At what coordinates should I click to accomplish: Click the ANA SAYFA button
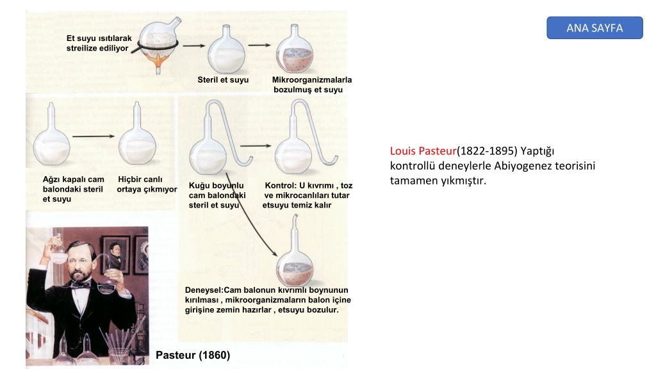pyautogui.click(x=594, y=28)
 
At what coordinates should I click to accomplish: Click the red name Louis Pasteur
pyautogui.click(x=423, y=151)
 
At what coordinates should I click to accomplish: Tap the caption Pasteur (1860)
pyautogui.click(x=193, y=355)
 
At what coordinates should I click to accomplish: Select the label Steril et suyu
pyautogui.click(x=223, y=80)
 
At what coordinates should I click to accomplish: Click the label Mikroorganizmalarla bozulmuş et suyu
pyautogui.click(x=312, y=85)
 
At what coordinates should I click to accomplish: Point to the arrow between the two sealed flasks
pyautogui.click(x=94, y=136)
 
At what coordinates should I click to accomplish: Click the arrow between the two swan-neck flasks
pyautogui.click(x=256, y=146)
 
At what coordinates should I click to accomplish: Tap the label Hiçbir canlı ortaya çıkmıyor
pyautogui.click(x=147, y=184)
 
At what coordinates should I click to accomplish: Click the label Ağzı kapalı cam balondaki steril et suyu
pyautogui.click(x=73, y=189)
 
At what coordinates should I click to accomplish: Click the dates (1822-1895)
pyautogui.click(x=487, y=151)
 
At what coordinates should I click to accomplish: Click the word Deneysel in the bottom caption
pyautogui.click(x=203, y=290)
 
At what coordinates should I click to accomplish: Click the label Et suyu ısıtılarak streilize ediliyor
pyautogui.click(x=99, y=43)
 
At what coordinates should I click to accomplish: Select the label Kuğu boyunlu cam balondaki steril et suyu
pyautogui.click(x=217, y=195)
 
